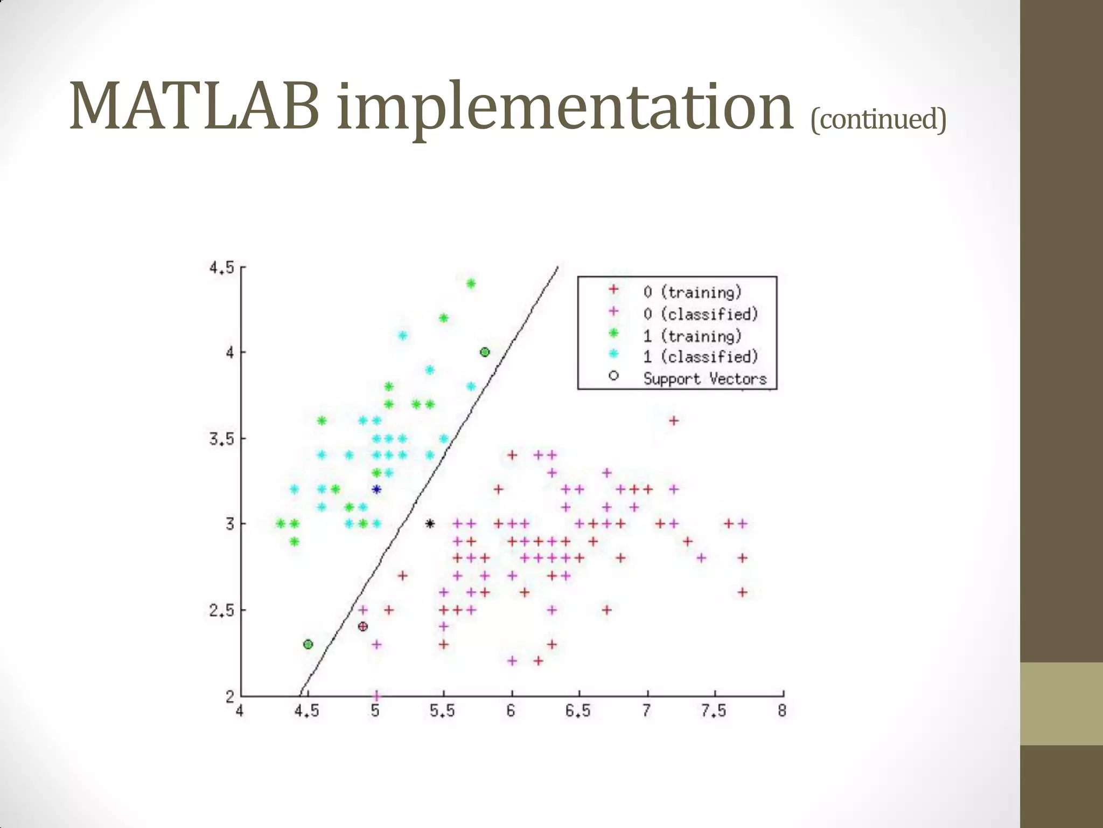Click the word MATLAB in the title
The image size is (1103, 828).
[x=194, y=106]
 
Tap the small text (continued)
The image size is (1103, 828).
[x=878, y=119]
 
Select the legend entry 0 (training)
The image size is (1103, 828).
[x=692, y=292]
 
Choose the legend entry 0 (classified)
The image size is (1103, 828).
[x=700, y=314]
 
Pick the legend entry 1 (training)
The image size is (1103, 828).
[x=692, y=336]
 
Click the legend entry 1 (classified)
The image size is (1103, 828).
[x=700, y=357]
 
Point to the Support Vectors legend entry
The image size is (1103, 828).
[x=704, y=378]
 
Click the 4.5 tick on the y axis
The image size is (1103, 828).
[x=221, y=267]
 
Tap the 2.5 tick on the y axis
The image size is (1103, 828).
[x=221, y=610]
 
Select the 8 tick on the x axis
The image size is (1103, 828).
[x=782, y=711]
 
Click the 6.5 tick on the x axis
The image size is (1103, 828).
[x=578, y=711]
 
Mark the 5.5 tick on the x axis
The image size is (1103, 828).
[x=442, y=711]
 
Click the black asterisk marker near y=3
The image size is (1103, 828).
[x=430, y=523]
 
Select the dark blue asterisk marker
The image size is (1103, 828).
[x=376, y=489]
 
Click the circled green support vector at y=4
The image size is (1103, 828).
[x=485, y=352]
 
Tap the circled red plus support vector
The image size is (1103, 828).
[x=363, y=626]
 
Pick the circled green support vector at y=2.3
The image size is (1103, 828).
[x=308, y=644]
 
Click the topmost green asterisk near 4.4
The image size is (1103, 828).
[x=471, y=284]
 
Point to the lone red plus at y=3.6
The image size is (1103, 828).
[x=673, y=420]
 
